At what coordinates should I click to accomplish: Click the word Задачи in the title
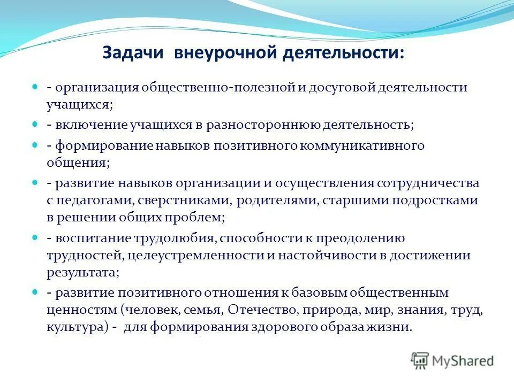133,53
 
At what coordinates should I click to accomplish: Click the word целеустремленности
195,256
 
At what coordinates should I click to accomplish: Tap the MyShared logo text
463,361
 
